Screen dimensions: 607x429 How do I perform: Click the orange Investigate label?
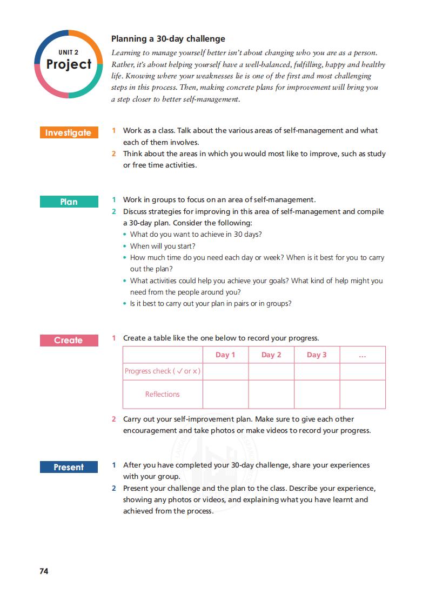(x=69, y=133)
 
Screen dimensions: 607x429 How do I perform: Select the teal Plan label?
(x=69, y=202)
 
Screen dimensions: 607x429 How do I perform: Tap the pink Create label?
(x=69, y=341)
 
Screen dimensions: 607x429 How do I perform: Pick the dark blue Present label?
(x=69, y=468)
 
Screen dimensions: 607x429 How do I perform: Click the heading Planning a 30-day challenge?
(x=168, y=39)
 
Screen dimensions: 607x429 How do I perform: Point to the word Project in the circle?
(x=69, y=64)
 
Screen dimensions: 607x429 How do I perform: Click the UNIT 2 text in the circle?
(x=69, y=52)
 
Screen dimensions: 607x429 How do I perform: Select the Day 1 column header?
(x=225, y=355)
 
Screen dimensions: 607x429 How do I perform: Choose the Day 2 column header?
(x=271, y=355)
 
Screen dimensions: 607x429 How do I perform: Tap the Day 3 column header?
(x=317, y=355)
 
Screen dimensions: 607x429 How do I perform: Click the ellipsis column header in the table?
(x=362, y=355)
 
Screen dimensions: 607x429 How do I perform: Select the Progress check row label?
(x=163, y=371)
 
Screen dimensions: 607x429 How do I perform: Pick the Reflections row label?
(x=163, y=395)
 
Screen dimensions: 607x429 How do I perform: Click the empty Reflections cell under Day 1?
(x=225, y=395)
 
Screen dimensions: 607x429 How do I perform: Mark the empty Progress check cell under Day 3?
(x=317, y=371)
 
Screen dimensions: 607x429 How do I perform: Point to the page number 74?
(x=44, y=571)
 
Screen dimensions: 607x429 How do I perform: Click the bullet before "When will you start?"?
(x=125, y=246)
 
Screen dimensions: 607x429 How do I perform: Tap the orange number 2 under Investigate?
(x=114, y=154)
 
